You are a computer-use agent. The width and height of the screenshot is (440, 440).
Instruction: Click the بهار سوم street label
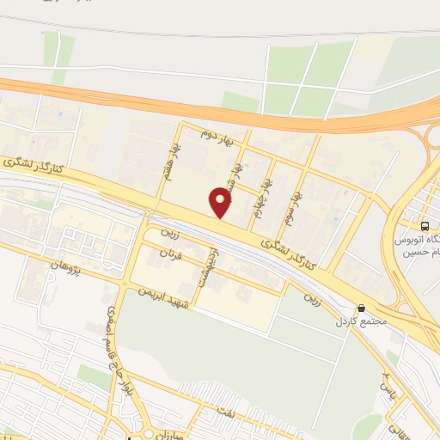[x=295, y=205]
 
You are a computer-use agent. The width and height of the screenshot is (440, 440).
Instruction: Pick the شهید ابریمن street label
[x=158, y=296]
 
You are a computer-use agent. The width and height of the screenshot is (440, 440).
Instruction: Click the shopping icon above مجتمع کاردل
[x=362, y=309]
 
